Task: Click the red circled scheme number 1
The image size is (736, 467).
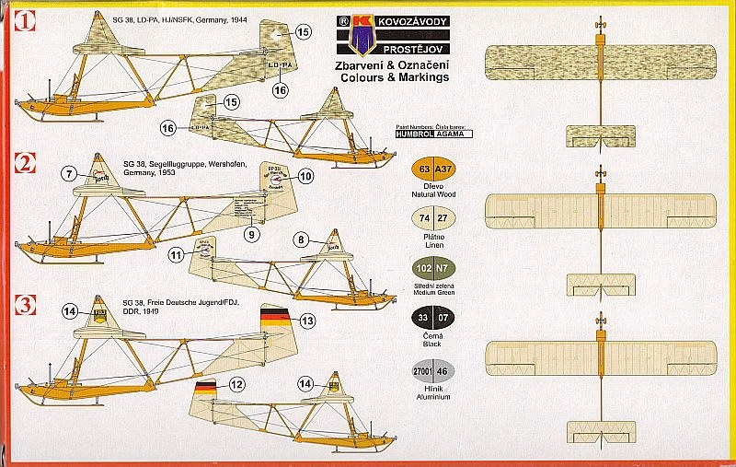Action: pos(25,18)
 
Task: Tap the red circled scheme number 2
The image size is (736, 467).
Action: pos(25,164)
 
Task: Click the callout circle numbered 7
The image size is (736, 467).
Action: pos(71,173)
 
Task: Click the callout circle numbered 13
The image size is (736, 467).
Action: pos(307,321)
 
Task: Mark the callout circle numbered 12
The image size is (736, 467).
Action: pos(237,385)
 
